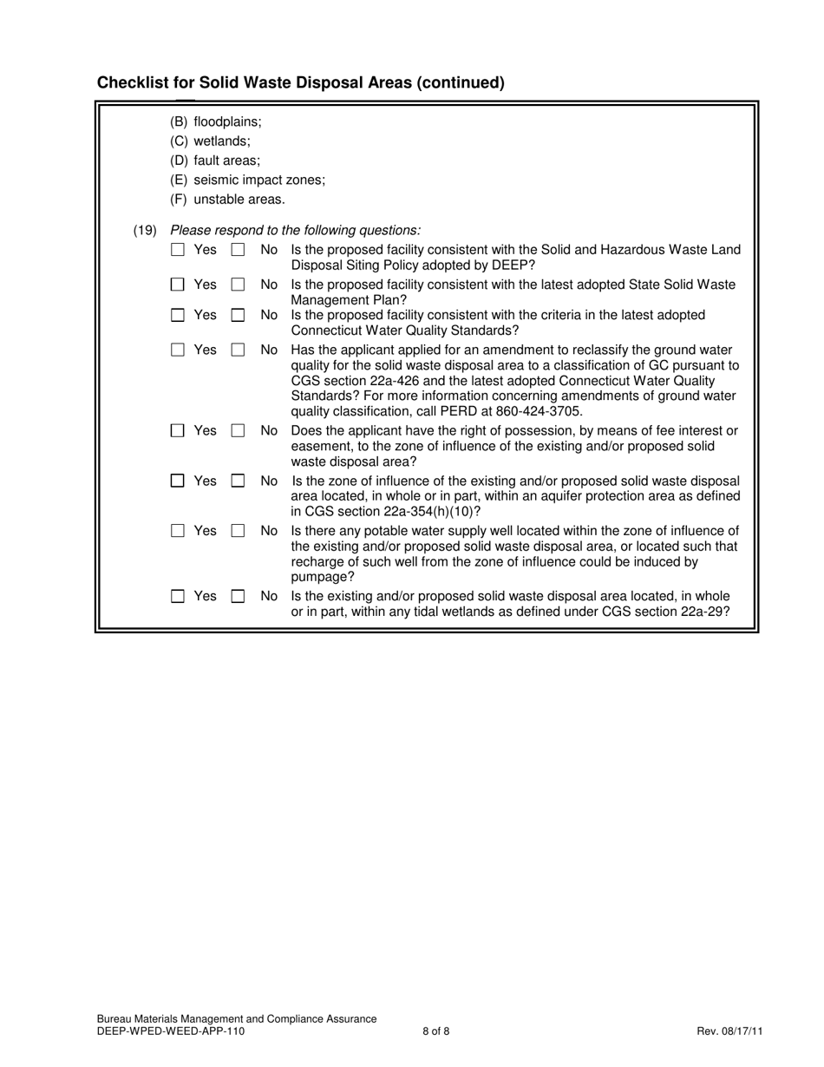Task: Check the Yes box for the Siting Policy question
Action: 178,250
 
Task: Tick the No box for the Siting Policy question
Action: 238,250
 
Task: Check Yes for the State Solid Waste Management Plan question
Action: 178,285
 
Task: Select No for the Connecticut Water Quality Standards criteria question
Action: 238,316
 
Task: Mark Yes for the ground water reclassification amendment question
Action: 178,350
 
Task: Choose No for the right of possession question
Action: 238,431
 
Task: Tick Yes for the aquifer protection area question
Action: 178,481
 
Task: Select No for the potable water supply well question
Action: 238,531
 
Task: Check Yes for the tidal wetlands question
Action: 178,597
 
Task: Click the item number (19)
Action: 145,231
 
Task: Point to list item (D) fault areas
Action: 215,160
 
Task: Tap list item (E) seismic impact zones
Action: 248,180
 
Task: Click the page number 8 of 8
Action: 436,1031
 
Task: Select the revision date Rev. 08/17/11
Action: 729,1031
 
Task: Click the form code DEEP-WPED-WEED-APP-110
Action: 171,1031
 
